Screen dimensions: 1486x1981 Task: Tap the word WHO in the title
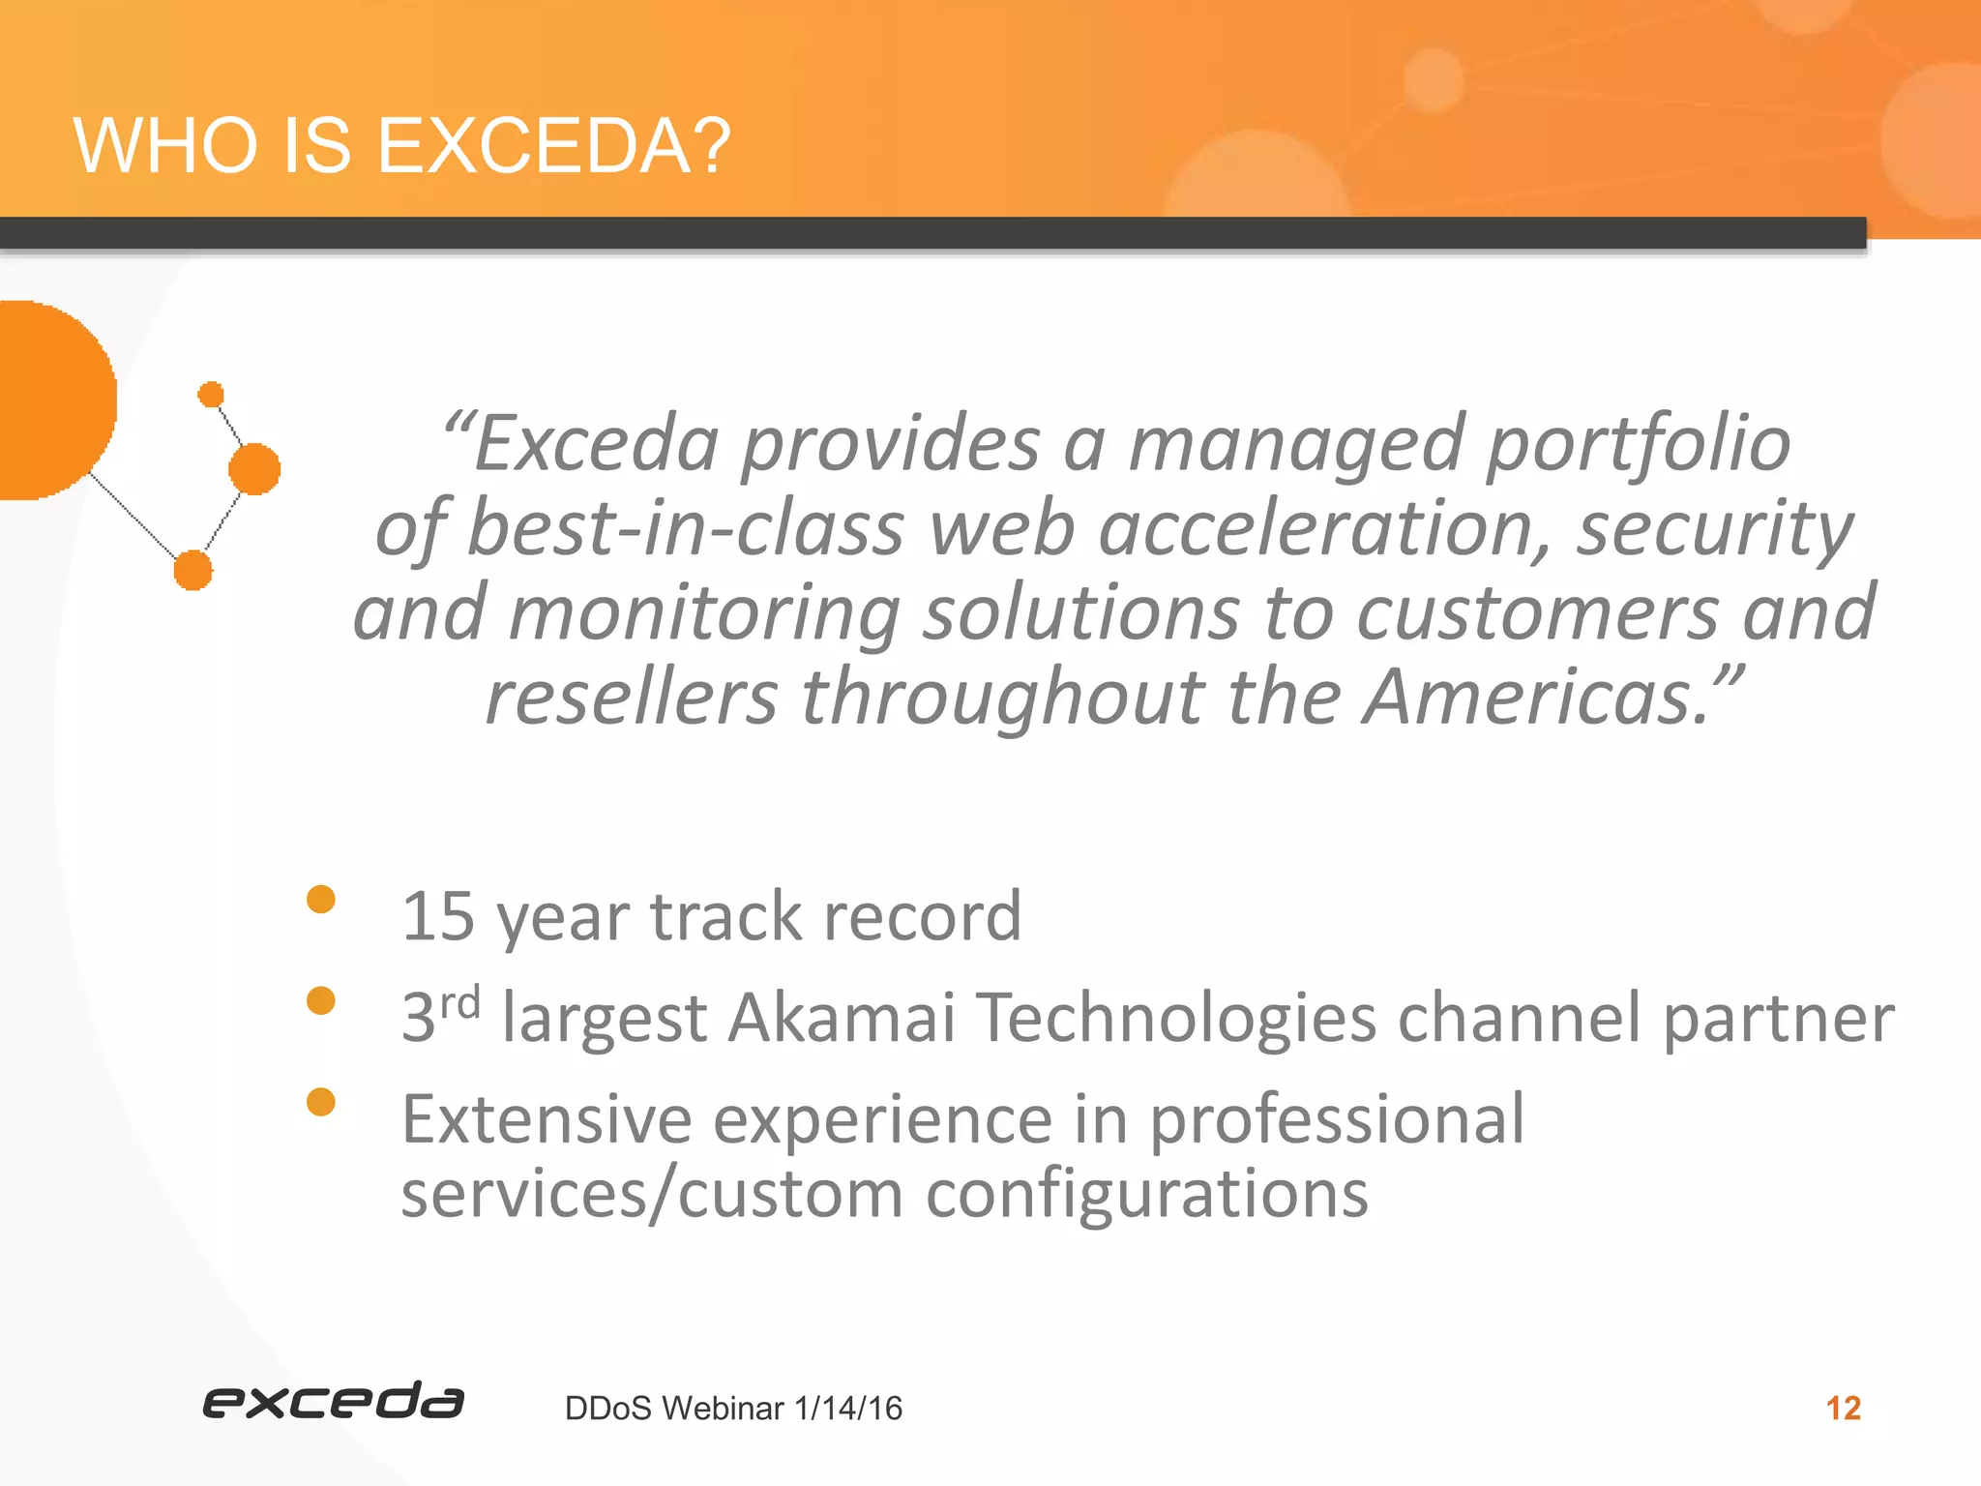pyautogui.click(x=164, y=147)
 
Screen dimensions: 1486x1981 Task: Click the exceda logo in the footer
pyautogui.click(x=333, y=1402)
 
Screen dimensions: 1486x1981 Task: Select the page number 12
pyautogui.click(x=1843, y=1408)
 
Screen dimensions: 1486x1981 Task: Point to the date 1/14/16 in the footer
pyautogui.click(x=847, y=1409)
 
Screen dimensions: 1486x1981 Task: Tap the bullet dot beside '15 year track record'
pyautogui.click(x=320, y=900)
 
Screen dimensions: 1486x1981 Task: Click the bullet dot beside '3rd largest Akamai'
pyautogui.click(x=320, y=1000)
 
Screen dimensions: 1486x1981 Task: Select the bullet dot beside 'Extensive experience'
pyautogui.click(x=320, y=1102)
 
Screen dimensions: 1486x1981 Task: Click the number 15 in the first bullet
pyautogui.click(x=437, y=916)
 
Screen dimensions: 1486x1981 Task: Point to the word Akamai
pyautogui.click(x=842, y=1018)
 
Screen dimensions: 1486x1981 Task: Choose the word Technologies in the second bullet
pyautogui.click(x=1176, y=1018)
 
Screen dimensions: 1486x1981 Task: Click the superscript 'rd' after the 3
pyautogui.click(x=460, y=1003)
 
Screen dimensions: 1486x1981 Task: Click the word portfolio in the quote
pyautogui.click(x=1638, y=445)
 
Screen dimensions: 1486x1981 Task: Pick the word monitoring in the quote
pyautogui.click(x=704, y=613)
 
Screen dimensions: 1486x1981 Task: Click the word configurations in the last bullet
pyautogui.click(x=1146, y=1194)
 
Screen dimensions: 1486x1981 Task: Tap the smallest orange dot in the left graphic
pyautogui.click(x=211, y=395)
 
